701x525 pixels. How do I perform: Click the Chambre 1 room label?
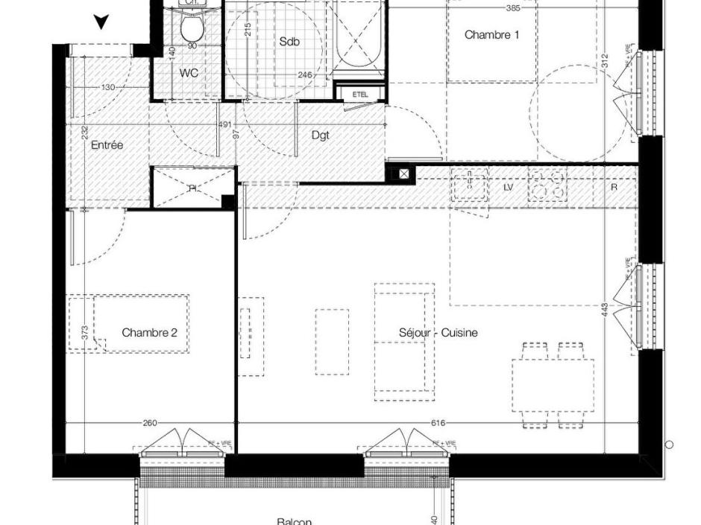point(491,35)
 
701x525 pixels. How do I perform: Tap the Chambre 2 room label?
point(149,333)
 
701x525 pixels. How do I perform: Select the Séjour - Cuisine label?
point(438,333)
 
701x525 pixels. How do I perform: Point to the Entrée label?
point(107,145)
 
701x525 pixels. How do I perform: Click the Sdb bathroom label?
point(289,42)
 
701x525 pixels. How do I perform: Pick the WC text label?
point(188,73)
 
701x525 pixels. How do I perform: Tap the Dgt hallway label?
point(320,136)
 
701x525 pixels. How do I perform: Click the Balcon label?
point(294,521)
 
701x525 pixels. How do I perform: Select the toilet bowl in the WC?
point(192,28)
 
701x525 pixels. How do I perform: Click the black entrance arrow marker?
point(101,22)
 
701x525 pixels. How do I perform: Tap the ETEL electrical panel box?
point(360,95)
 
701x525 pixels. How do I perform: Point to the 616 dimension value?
point(438,423)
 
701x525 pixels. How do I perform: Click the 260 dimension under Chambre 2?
point(149,423)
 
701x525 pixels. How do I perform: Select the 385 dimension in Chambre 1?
point(512,9)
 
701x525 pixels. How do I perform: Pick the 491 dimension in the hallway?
point(225,125)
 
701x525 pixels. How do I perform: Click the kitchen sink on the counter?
point(469,185)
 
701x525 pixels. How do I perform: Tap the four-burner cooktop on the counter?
point(547,185)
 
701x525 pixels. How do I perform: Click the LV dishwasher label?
point(508,188)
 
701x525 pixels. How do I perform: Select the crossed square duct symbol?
point(403,174)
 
